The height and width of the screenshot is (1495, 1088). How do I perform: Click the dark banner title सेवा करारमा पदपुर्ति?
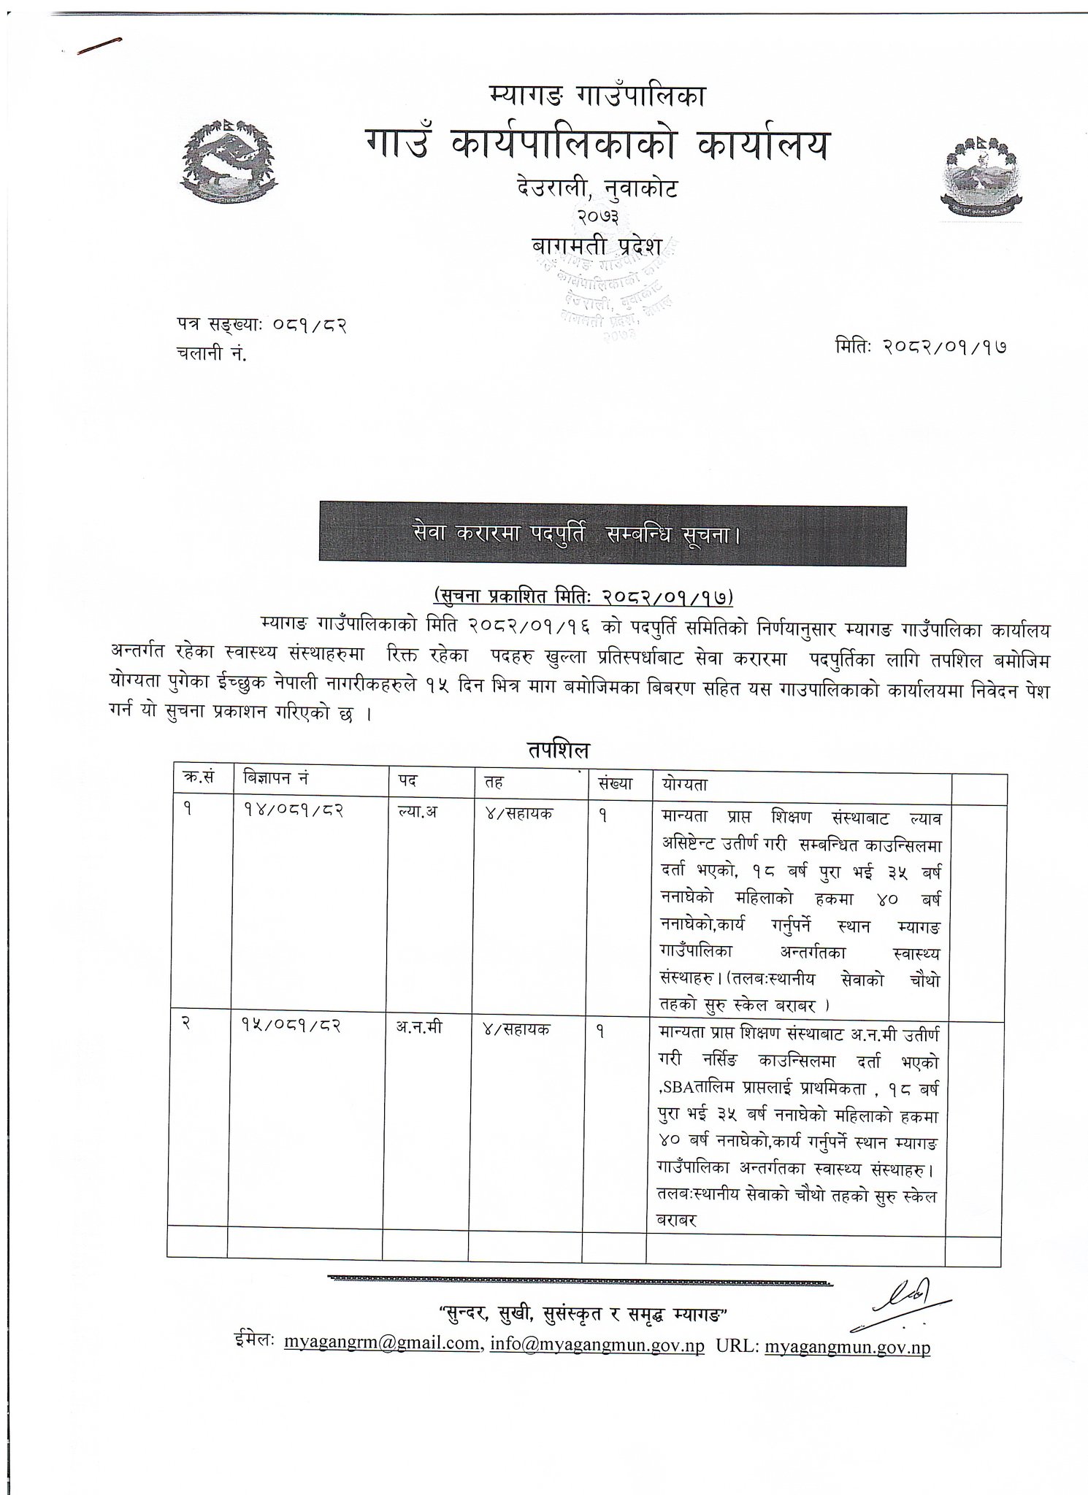coord(612,536)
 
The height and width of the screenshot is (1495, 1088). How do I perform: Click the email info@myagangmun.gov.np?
coord(597,1344)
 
